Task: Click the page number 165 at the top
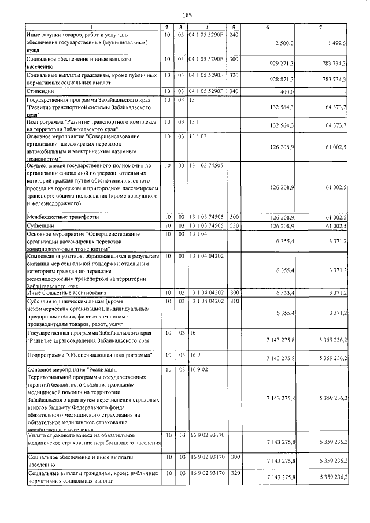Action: pos(187,15)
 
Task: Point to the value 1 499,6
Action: pos(336,43)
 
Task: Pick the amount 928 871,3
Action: pos(282,80)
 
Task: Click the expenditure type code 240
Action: pos(234,35)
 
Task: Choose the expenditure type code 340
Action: pos(234,91)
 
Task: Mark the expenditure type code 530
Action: pos(234,225)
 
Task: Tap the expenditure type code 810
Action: pos(234,302)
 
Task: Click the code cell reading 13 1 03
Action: pos(197,136)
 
